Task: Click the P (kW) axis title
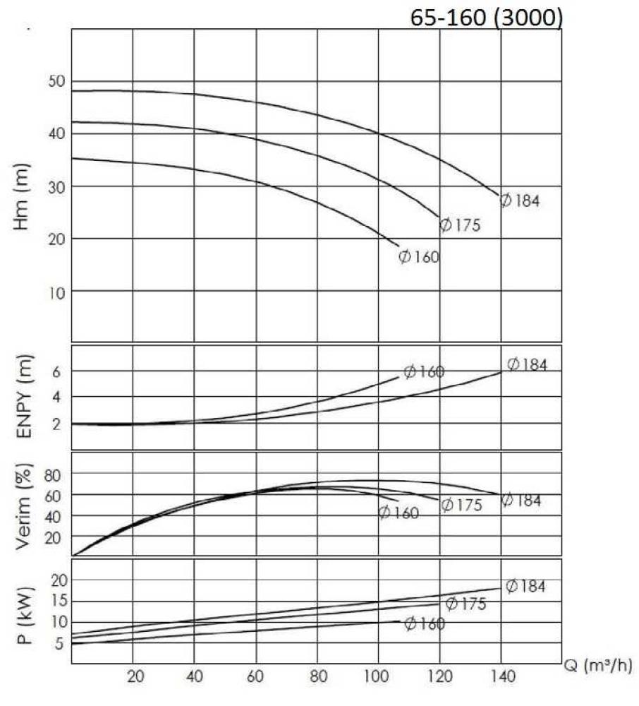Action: [x=24, y=611]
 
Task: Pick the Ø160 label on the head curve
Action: [x=418, y=257]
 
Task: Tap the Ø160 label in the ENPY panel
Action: [x=424, y=372]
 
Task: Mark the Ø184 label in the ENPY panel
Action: [x=527, y=365]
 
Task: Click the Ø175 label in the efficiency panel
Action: [x=461, y=505]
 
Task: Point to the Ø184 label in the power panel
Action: [x=525, y=586]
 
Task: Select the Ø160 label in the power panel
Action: [x=425, y=623]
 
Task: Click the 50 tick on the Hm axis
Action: [x=57, y=82]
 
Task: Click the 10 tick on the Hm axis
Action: [x=57, y=291]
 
